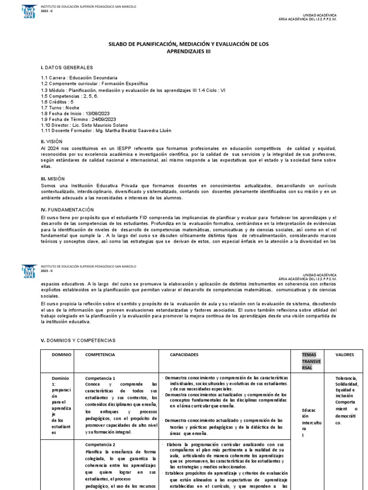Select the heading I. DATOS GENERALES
pos(67,67)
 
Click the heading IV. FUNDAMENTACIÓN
pos(67,210)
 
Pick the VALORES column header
pos(345,355)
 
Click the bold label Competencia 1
pos(100,378)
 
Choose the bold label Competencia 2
pos(100,444)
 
